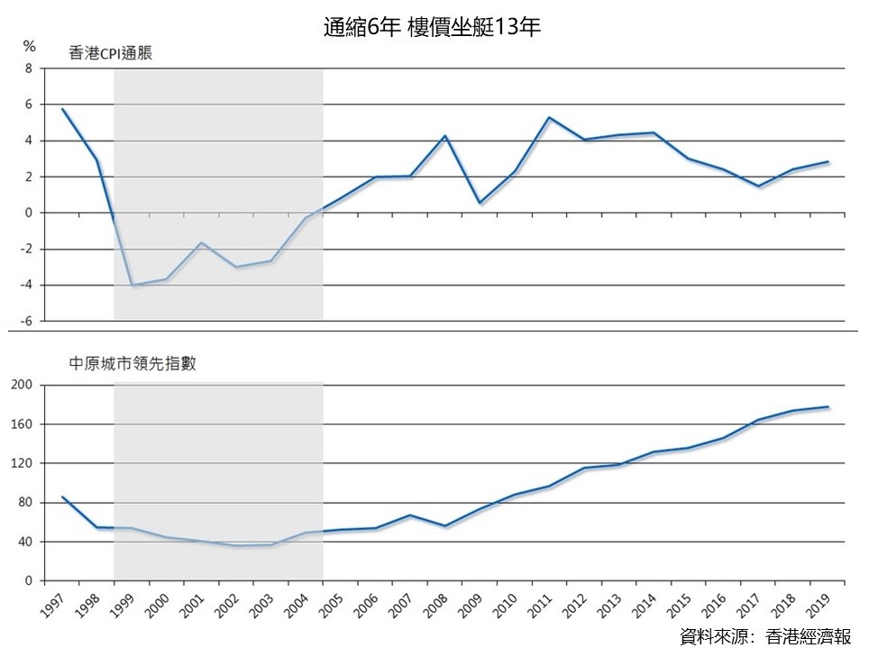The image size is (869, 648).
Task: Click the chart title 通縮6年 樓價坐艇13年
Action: [x=432, y=27]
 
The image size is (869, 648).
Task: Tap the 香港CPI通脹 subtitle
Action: [x=110, y=53]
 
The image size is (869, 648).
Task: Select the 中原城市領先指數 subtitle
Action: [x=133, y=363]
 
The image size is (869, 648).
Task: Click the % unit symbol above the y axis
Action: [x=30, y=47]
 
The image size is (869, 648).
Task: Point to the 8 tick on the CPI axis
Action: [x=29, y=68]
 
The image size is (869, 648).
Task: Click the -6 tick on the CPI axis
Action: [x=26, y=321]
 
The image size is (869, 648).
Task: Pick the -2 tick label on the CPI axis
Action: [x=26, y=249]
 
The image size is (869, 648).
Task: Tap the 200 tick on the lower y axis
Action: [x=22, y=385]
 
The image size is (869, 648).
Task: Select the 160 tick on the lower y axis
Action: [x=22, y=424]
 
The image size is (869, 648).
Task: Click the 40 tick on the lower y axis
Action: [x=25, y=542]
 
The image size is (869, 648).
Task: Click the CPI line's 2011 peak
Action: [x=549, y=117]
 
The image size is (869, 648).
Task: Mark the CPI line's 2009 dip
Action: [x=480, y=203]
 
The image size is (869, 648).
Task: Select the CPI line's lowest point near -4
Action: [x=132, y=285]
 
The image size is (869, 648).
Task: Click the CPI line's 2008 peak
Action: [x=444, y=136]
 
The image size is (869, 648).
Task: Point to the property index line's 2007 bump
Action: [x=410, y=515]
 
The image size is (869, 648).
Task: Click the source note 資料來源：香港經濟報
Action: [x=765, y=635]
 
